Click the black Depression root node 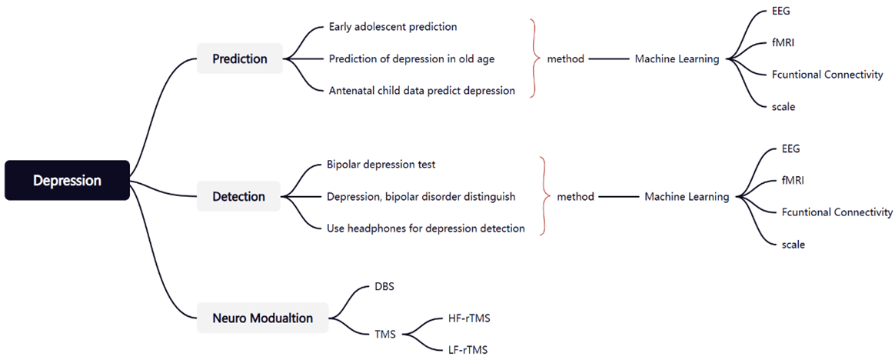[x=68, y=181]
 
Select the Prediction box [x=240, y=58]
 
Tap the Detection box [x=238, y=197]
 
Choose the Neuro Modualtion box [x=262, y=318]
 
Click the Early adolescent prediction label [x=393, y=27]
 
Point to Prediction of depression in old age [x=411, y=58]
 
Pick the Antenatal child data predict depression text [x=422, y=90]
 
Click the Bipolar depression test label [x=381, y=165]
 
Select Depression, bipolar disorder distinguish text [x=421, y=197]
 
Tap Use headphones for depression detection [x=426, y=228]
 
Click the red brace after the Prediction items [x=535, y=58]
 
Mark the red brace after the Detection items [x=546, y=197]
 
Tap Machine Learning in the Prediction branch [x=677, y=58]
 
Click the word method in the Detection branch [x=575, y=197]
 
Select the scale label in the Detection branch [x=794, y=244]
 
